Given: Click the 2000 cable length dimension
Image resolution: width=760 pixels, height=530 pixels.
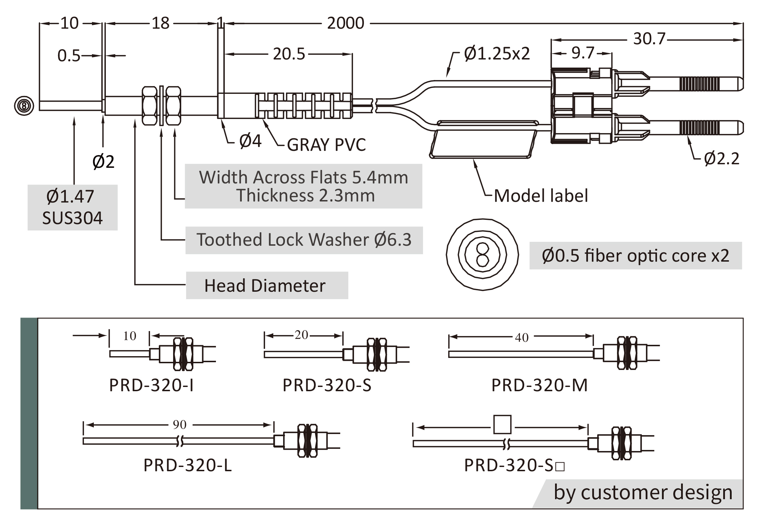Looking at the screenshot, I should coord(345,23).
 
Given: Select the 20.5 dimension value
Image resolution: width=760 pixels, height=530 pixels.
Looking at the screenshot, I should coord(289,54).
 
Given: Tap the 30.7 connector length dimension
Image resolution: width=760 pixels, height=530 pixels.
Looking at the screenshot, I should coord(649,39).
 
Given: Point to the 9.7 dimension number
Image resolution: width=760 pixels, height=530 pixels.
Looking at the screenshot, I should coord(583,53).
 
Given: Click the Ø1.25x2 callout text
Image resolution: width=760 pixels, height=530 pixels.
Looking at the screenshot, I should coord(497,54).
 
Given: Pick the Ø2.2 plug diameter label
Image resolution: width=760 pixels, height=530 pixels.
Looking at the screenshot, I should coord(721,159).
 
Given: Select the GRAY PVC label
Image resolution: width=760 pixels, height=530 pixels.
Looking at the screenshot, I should coord(326,145).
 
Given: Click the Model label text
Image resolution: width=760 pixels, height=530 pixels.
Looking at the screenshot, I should coord(541,196).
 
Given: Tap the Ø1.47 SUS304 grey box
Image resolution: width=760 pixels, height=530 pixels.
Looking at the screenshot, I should coord(73,207).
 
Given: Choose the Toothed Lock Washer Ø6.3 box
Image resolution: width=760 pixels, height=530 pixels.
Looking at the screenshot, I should coord(304,240).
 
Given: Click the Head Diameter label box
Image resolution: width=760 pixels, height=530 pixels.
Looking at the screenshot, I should coord(267,285).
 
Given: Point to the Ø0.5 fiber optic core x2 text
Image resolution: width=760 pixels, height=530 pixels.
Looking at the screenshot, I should coord(635,256).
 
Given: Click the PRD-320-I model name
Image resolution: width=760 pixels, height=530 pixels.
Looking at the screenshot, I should coord(152,385).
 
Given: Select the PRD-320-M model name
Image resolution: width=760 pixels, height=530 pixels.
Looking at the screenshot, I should coord(539,385).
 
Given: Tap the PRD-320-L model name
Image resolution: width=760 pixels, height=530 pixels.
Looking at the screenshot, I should coord(188,465).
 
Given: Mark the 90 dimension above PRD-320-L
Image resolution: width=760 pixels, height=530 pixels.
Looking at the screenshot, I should coord(179,424).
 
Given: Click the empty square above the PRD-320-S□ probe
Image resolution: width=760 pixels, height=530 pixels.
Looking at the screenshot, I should coord(502,424).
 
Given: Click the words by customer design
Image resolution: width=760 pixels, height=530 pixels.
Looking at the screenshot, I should coord(643,492).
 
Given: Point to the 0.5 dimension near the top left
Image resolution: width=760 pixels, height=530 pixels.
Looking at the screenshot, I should coord(69,56).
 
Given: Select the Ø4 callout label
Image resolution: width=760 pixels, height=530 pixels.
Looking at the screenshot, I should coord(250,141).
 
